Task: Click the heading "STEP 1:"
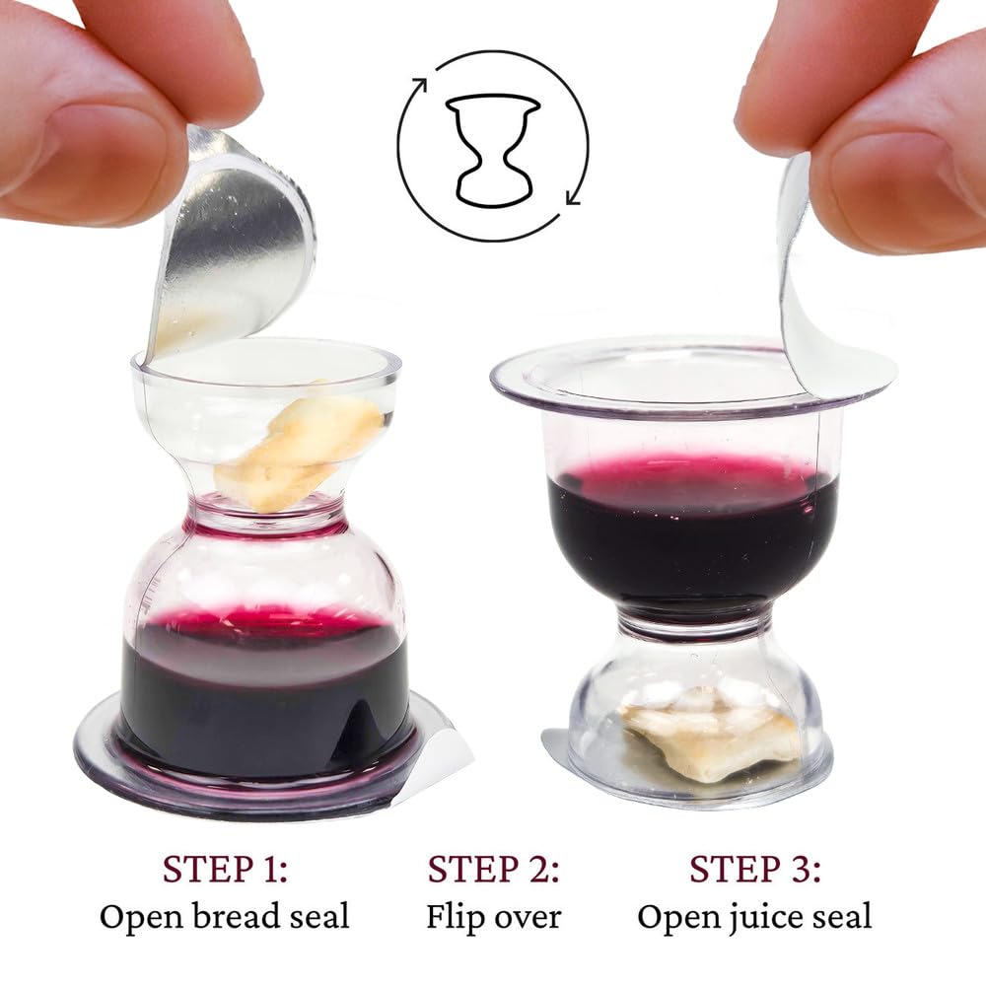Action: (x=225, y=869)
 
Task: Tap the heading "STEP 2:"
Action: (x=493, y=869)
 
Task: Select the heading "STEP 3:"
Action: (x=754, y=869)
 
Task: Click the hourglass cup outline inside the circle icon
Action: (x=493, y=151)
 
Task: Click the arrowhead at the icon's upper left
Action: (x=419, y=85)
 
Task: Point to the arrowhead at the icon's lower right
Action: (x=574, y=196)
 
